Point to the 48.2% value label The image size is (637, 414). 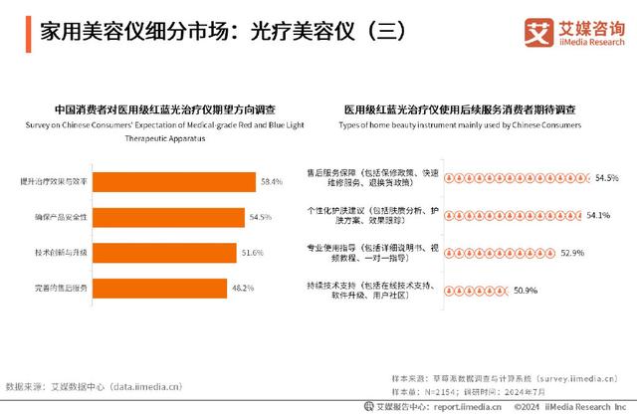click(243, 288)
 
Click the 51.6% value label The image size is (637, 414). click(253, 253)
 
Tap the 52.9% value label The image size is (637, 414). click(571, 253)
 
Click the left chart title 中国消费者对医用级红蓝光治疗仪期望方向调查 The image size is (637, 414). click(165, 108)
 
